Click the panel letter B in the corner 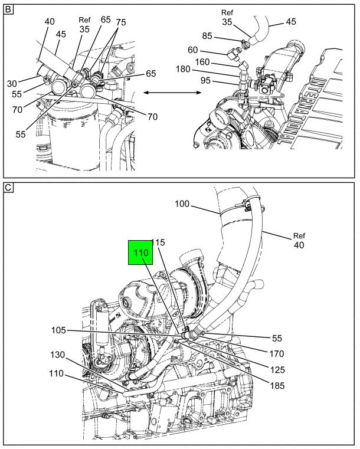(x=8, y=9)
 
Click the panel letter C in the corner (x=8, y=188)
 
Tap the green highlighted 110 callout (x=140, y=253)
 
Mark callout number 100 (x=183, y=204)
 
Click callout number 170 (x=276, y=354)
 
